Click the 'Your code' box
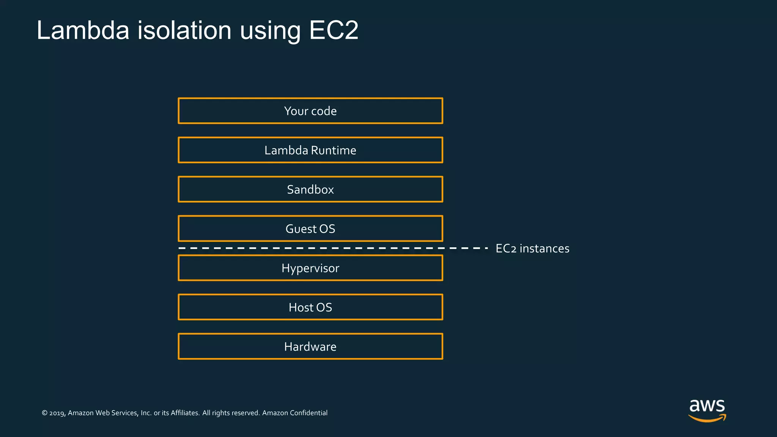(x=310, y=111)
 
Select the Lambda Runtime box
(x=310, y=150)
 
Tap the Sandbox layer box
(x=310, y=189)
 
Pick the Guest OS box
(x=310, y=229)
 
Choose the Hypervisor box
(x=310, y=268)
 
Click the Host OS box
(x=310, y=307)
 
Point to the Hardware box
(x=310, y=346)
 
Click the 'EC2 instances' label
(x=532, y=248)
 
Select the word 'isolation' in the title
(x=184, y=30)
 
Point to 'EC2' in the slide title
(x=333, y=30)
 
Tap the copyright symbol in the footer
(x=44, y=413)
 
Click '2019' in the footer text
(x=57, y=413)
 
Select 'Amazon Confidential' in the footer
(x=295, y=413)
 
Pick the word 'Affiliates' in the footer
(x=185, y=413)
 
